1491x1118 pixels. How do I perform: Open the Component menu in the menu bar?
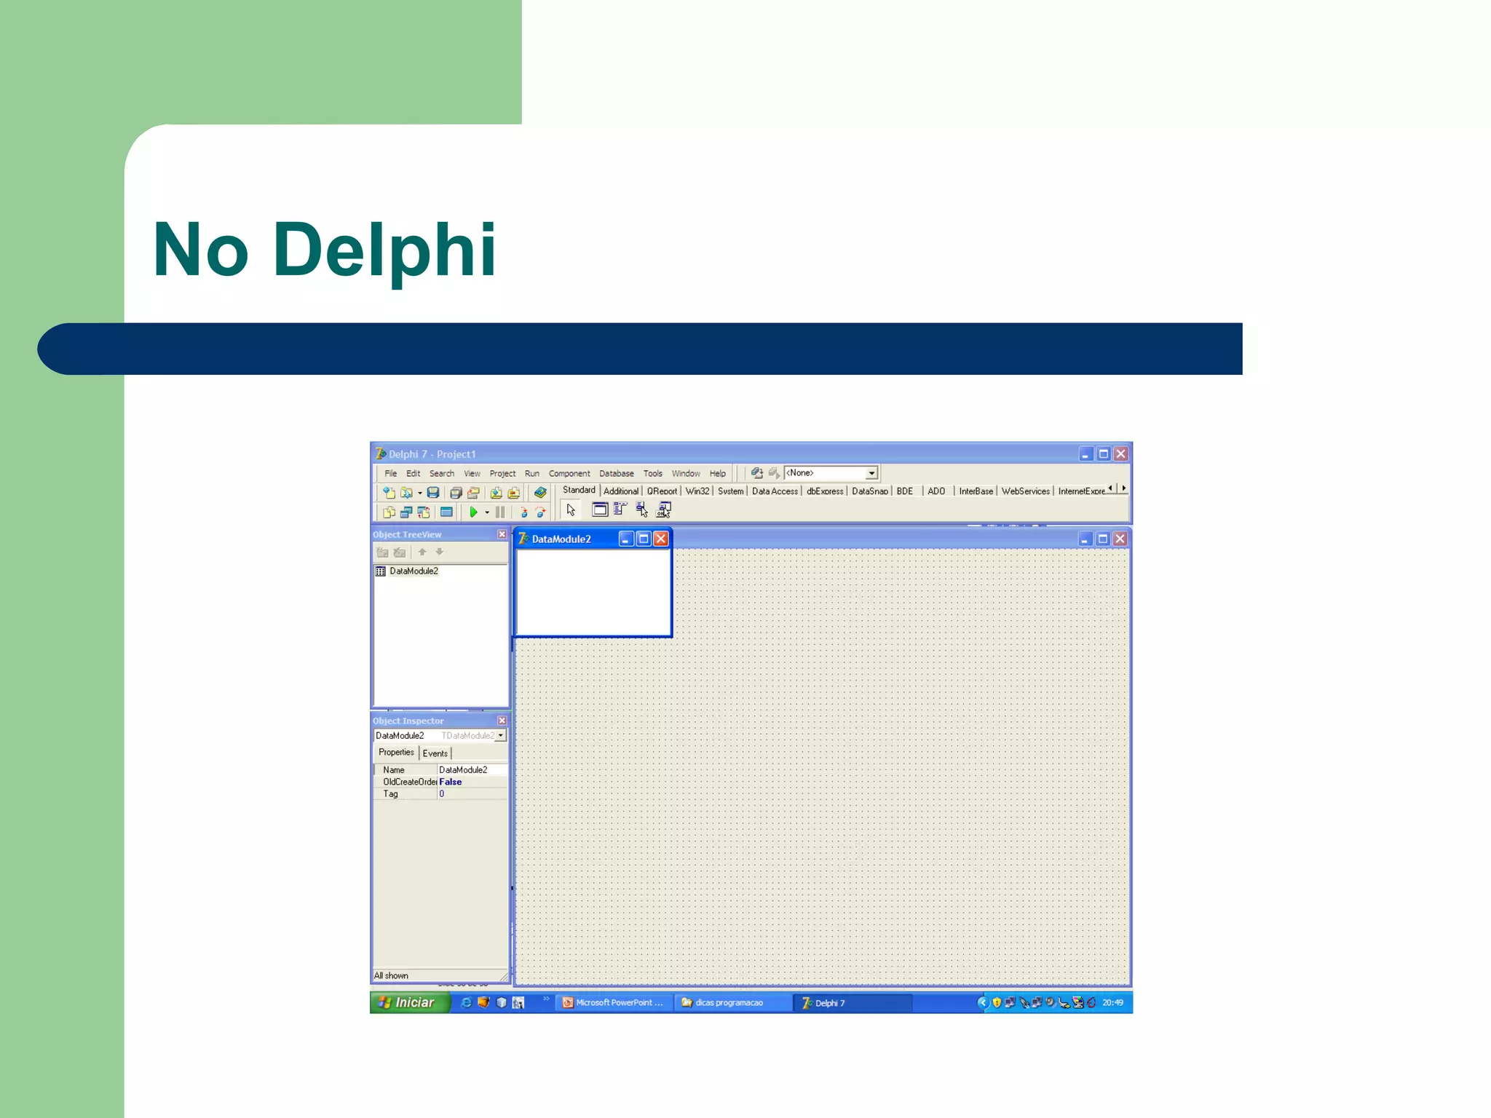coord(569,473)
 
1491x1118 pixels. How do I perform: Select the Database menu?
coord(616,473)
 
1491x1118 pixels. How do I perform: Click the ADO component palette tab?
coord(936,491)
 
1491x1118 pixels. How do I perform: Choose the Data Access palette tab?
coord(774,491)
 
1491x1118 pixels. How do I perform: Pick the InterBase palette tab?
coord(976,491)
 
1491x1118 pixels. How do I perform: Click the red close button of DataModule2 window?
coord(660,539)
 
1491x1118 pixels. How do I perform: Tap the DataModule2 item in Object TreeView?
coord(413,571)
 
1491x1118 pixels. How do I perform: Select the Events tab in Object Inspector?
coord(435,753)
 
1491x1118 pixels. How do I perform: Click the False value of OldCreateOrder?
coord(450,782)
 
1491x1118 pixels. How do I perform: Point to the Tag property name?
coord(391,794)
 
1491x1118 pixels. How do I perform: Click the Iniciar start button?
coord(408,1002)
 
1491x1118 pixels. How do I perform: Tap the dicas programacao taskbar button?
coord(728,1002)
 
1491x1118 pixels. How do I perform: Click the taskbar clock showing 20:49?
coord(1112,1002)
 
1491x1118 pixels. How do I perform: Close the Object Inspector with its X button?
coord(502,721)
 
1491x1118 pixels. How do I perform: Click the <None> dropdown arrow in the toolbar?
coord(871,473)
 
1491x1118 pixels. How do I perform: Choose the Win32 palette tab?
coord(697,491)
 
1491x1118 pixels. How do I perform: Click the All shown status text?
coord(391,975)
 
